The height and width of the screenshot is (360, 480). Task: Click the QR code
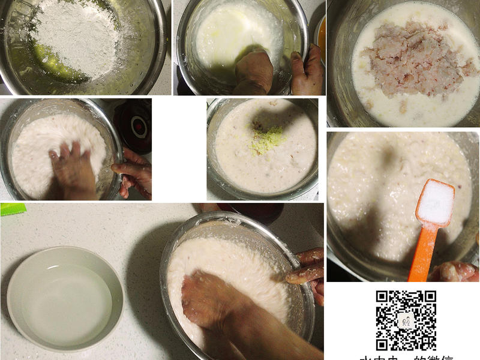(406, 320)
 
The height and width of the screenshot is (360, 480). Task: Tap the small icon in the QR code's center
(406, 320)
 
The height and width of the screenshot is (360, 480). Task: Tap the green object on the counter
(13, 209)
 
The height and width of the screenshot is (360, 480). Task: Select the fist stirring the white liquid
(253, 71)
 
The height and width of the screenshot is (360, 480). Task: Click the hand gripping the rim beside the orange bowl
(308, 71)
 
